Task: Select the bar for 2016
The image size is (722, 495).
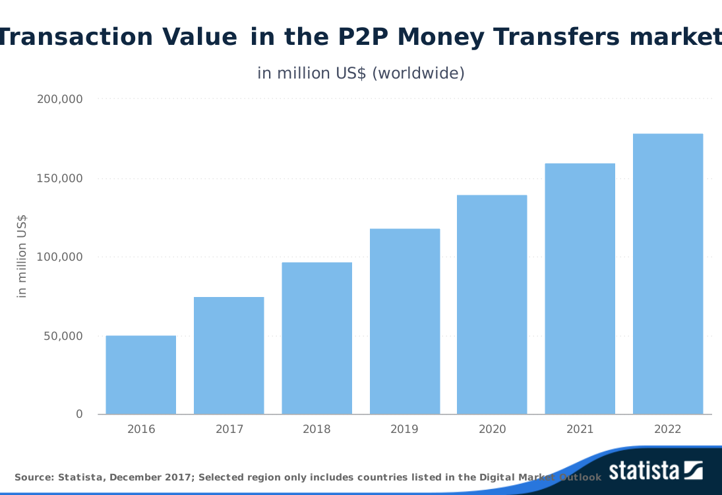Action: coord(141,375)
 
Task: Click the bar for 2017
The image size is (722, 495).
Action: coord(229,356)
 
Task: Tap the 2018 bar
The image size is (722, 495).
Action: coord(317,339)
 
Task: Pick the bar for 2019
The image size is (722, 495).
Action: coord(405,321)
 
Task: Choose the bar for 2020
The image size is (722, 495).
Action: coord(492,305)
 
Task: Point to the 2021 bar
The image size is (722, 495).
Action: coord(580,289)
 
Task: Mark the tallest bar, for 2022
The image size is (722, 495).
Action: coord(668,274)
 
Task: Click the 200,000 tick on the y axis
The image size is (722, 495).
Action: coord(59,99)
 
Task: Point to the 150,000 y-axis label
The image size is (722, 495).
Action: coord(59,178)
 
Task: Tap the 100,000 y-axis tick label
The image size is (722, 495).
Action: coord(59,257)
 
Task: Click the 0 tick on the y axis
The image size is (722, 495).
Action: coord(79,414)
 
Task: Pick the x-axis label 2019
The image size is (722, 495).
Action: coord(405,429)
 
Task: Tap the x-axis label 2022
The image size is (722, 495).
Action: coord(668,429)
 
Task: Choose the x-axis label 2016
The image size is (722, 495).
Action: coord(141,429)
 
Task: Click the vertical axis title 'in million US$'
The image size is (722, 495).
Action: coord(22,256)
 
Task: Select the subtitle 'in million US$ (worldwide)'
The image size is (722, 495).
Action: coord(361,73)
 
